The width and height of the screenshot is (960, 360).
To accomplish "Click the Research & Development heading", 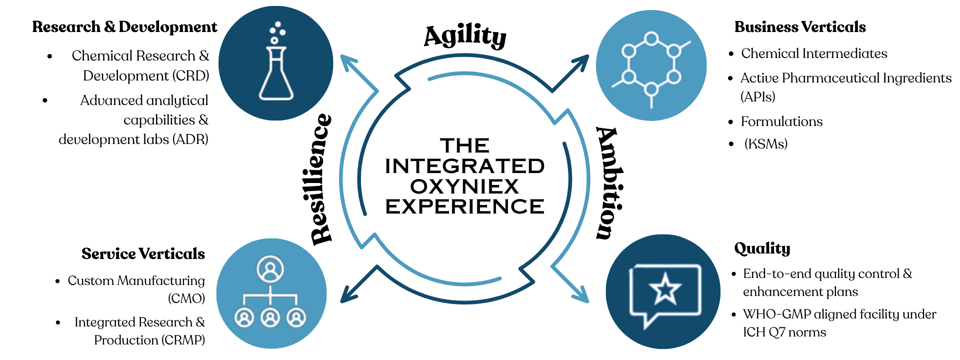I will click(124, 27).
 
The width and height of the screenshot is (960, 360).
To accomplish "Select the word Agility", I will click(465, 36).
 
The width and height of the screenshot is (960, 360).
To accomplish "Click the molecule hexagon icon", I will click(651, 65).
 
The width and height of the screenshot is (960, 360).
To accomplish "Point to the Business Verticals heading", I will click(800, 27).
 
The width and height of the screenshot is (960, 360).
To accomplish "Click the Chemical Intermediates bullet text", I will click(814, 53).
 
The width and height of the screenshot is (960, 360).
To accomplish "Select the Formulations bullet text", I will click(781, 121).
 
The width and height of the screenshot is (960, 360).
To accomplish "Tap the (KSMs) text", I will click(766, 144).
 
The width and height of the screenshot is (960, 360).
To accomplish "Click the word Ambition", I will click(609, 183).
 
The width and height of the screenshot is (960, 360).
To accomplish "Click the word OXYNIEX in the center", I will click(464, 186).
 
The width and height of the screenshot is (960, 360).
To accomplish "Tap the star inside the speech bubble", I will click(665, 289).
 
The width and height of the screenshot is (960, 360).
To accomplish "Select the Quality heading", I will click(762, 248).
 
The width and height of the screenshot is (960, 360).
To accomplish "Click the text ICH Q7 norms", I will click(784, 332).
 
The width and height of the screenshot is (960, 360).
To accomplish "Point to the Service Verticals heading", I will click(143, 254).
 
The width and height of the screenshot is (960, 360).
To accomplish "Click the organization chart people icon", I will click(270, 293).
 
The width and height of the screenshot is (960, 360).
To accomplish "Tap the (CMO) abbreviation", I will click(186, 298).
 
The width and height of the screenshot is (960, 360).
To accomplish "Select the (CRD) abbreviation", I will click(190, 76).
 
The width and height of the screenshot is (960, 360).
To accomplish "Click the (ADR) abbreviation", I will click(190, 139).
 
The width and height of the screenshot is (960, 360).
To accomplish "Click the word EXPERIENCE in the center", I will click(464, 206).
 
